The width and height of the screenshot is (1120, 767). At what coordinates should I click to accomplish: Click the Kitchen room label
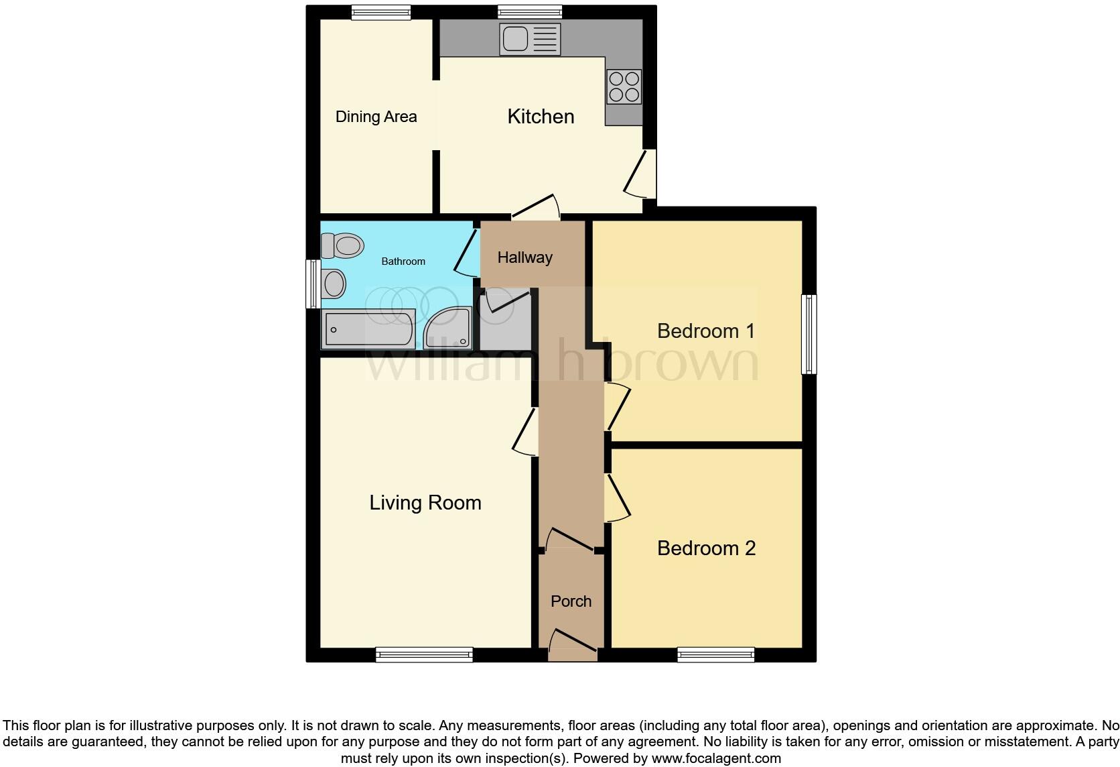tap(541, 117)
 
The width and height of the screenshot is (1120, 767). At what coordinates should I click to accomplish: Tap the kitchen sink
tap(529, 39)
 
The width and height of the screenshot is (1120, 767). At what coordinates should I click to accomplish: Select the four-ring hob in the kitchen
tap(624, 87)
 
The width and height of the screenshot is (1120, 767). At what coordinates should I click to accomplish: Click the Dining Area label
tap(376, 117)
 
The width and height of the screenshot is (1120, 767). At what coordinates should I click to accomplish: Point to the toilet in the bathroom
tap(342, 245)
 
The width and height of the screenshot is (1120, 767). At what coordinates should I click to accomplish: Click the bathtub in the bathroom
tap(368, 329)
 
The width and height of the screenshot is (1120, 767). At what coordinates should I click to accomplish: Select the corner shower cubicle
tap(448, 328)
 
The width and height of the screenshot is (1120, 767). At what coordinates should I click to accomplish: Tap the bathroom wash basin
tap(333, 284)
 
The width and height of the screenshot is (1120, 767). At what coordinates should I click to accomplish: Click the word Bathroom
tap(403, 261)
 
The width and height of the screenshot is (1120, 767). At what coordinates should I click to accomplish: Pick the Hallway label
tap(524, 257)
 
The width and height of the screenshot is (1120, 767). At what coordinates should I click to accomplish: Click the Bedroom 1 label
tap(705, 331)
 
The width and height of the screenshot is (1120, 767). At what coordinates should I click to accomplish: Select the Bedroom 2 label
tap(706, 548)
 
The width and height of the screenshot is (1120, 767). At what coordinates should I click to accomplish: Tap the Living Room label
tap(425, 503)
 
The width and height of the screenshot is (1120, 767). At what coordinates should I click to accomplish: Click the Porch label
tap(571, 601)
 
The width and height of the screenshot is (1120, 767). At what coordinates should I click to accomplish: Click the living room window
tap(424, 654)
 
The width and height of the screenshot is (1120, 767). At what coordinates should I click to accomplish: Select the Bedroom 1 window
tap(809, 334)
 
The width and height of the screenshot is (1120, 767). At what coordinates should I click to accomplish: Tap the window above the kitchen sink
tap(530, 11)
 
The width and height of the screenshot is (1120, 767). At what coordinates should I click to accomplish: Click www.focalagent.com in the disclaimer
tap(716, 759)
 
